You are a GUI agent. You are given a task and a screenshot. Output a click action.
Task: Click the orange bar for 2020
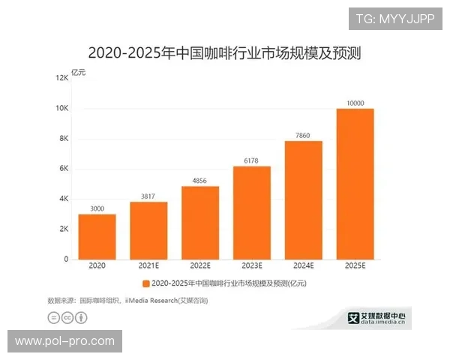click(97, 236)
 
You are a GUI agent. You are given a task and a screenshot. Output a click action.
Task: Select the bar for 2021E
click(148, 230)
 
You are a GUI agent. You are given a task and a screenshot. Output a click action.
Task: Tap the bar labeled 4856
click(200, 223)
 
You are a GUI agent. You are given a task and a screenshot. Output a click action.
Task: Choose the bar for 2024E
click(303, 199)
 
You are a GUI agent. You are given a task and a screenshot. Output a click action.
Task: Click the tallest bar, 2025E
click(355, 184)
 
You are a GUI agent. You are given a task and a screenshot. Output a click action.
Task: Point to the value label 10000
click(355, 103)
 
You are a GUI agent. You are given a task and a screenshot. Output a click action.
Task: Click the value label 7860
click(303, 135)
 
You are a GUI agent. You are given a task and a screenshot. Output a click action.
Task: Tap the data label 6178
click(252, 160)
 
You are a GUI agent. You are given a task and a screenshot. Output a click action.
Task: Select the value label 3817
click(148, 196)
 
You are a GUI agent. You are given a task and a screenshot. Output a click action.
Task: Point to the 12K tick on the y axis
click(61, 78)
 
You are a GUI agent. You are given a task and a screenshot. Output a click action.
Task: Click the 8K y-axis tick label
click(63, 139)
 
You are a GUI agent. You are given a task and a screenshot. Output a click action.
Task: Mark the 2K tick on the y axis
click(63, 229)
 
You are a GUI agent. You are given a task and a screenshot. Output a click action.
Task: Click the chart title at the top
click(225, 53)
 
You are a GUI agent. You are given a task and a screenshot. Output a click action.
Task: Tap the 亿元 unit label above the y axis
click(79, 71)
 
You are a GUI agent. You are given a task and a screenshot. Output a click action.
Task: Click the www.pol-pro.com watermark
click(65, 341)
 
